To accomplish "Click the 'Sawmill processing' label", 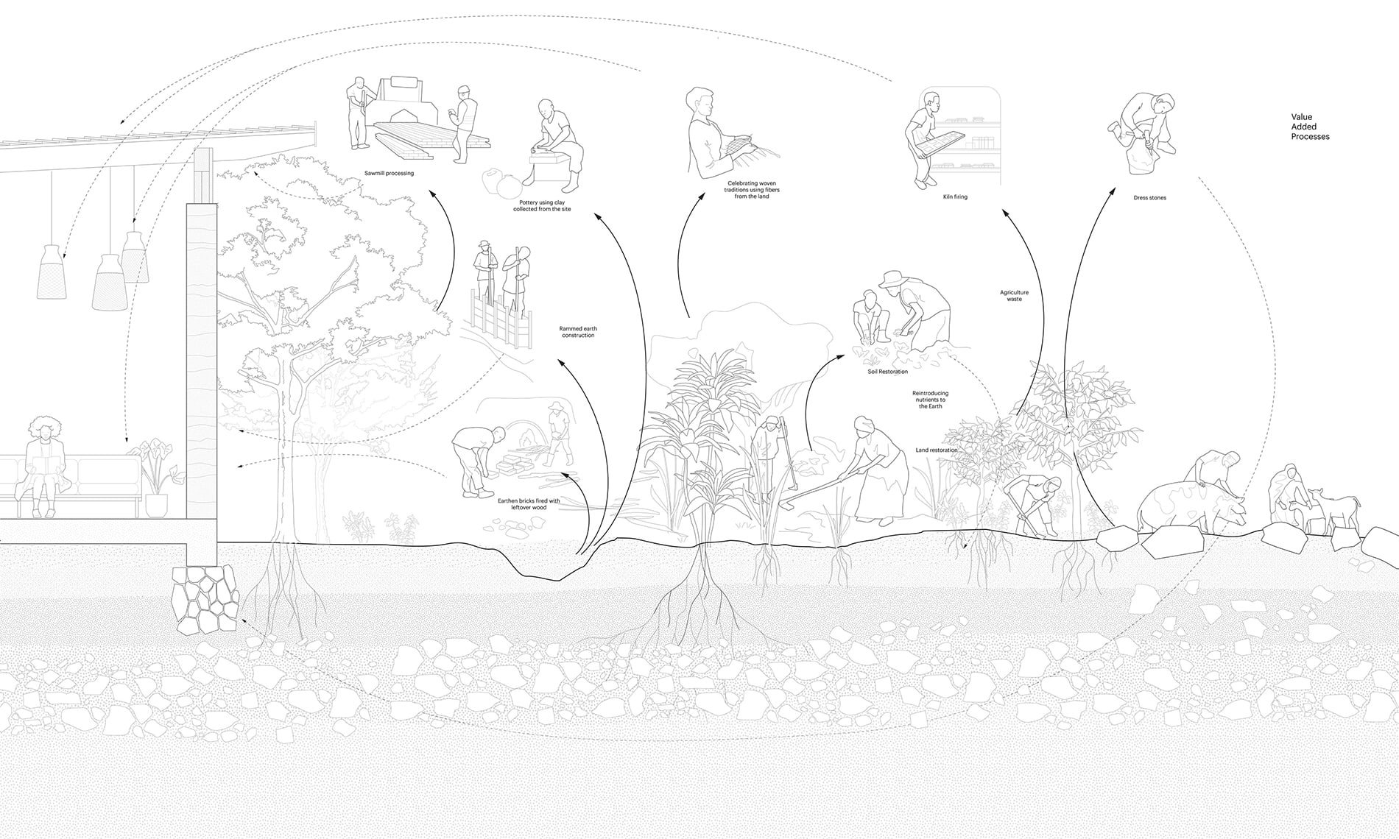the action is coord(389,174).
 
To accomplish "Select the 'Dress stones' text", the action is coord(1149,197).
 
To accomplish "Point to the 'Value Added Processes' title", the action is coord(1310,127).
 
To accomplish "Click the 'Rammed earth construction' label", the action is coord(577,331).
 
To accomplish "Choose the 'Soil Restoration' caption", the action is coord(888,372).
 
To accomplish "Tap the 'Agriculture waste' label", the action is coord(1014,296).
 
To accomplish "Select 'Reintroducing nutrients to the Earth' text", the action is coord(930,400).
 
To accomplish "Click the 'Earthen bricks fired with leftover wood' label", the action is coord(529,504).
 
